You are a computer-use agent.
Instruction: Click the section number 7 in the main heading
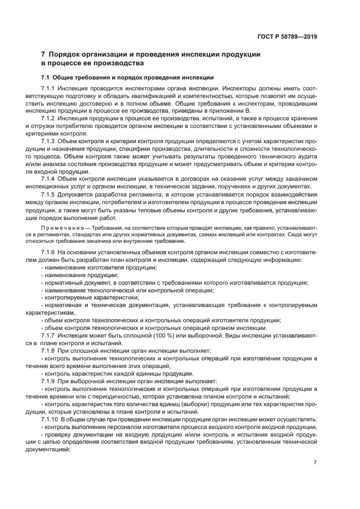pyautogui.click(x=44, y=54)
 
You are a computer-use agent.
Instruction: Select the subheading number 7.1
pyautogui.click(x=46, y=77)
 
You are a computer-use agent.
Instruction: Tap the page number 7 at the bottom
pyautogui.click(x=315, y=462)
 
